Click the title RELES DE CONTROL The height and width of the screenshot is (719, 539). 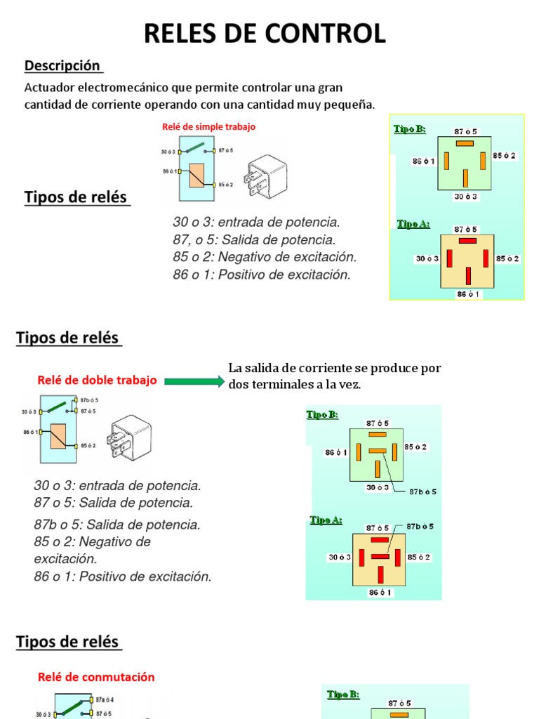point(265,34)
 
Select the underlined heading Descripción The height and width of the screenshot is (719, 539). point(63,66)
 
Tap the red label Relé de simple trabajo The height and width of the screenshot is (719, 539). point(208,127)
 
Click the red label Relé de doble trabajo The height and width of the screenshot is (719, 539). point(97,381)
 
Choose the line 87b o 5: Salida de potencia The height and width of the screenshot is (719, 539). point(117,525)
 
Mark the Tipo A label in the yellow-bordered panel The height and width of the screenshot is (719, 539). point(413,224)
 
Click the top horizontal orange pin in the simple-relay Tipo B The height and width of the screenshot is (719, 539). point(465,143)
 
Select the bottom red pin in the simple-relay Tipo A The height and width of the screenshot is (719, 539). point(467,275)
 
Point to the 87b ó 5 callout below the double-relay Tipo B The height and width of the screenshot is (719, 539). point(422,492)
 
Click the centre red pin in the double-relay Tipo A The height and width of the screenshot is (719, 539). point(380,557)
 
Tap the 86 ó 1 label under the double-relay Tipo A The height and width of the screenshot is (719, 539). point(380,593)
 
